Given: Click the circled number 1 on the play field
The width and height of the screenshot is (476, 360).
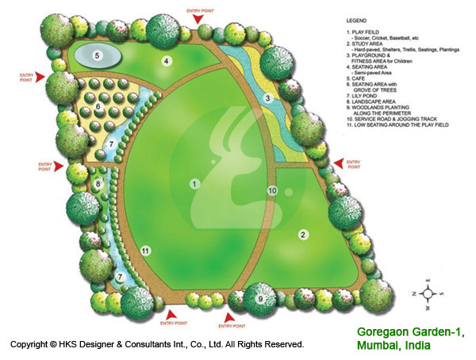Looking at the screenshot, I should tap(194, 183).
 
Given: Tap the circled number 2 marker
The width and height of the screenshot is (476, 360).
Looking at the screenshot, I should tap(302, 234).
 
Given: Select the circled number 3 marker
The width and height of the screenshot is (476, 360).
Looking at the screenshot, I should tap(269, 98).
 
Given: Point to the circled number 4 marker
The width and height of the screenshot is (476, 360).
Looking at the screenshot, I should tap(167, 60).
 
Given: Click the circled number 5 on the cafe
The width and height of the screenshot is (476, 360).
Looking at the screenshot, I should tap(97, 56).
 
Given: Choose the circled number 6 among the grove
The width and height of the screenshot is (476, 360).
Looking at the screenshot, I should tap(98, 106).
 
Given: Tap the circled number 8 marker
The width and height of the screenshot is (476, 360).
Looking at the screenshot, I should tap(97, 184).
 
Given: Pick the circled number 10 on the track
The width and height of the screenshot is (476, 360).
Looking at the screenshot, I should tap(271, 190).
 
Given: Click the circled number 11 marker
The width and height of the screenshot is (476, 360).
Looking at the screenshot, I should tap(145, 251).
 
